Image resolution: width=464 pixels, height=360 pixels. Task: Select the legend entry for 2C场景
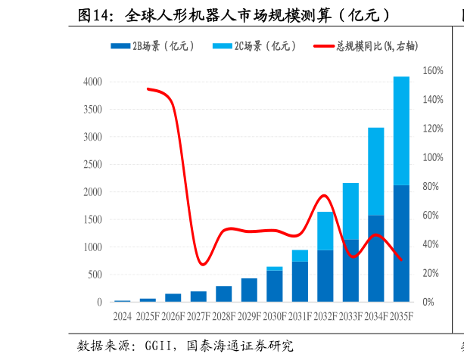pos(254,47)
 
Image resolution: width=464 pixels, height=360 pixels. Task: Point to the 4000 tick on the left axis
pos(92,82)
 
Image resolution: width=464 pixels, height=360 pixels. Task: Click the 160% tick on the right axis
pos(433,71)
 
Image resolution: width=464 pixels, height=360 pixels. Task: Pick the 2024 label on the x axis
pos(122,315)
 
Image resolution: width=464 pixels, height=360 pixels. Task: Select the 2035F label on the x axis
pos(401,315)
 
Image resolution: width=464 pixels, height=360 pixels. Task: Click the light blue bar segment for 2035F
pos(401,131)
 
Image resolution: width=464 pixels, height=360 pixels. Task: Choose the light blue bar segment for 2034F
pos(376,172)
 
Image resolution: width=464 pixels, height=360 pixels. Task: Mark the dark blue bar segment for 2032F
pos(325,276)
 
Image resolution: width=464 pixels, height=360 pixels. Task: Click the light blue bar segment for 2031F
pos(300,256)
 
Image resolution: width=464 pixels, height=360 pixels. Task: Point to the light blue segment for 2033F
pos(350,211)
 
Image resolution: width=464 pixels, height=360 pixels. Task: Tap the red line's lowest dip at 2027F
pos(201,265)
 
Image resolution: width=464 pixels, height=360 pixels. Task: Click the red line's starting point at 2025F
pos(148,88)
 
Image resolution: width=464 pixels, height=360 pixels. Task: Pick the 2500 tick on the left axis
pos(92,164)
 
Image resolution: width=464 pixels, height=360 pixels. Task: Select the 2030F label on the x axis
pos(274,315)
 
